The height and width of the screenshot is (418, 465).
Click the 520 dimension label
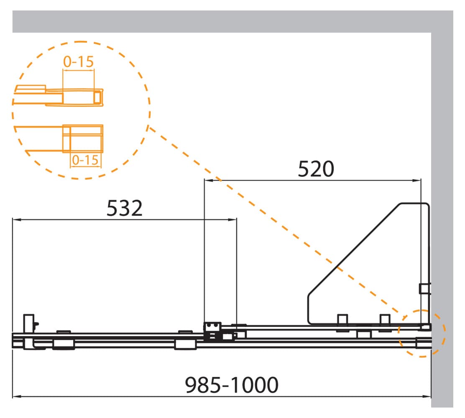(x=316, y=169)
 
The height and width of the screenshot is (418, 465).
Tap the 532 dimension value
(x=125, y=208)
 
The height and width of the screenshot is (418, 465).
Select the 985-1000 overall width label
(x=232, y=385)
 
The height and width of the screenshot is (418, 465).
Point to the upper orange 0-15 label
(x=78, y=62)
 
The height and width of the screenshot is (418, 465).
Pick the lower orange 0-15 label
(x=85, y=160)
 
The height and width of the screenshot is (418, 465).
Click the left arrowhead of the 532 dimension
(x=17, y=220)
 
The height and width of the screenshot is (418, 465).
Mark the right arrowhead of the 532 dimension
(x=232, y=220)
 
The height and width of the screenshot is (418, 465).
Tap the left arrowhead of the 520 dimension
(x=209, y=180)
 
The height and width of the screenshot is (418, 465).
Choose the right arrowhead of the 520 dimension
(x=416, y=180)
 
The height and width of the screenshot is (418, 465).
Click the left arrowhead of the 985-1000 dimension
(x=17, y=396)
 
